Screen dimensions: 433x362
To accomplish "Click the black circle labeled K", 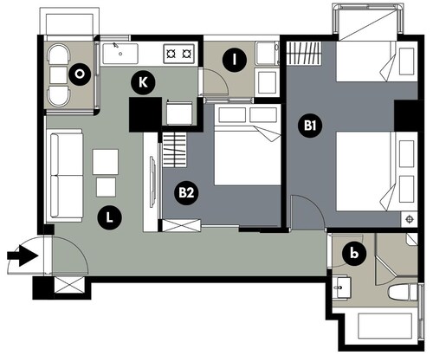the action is (x=143, y=82).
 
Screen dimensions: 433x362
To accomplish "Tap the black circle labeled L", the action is (x=109, y=217).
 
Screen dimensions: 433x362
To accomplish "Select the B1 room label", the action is (x=310, y=126).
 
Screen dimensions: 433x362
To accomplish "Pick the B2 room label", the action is (x=186, y=192).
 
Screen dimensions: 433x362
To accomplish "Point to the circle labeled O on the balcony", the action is (x=80, y=74).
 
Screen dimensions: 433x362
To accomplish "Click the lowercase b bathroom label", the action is (x=354, y=254).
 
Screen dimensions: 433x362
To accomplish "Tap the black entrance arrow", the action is (x=23, y=255).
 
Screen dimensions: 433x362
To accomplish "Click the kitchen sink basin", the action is (x=120, y=54).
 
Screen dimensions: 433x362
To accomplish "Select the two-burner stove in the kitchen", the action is (x=179, y=54).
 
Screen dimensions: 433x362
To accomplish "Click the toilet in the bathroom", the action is (x=403, y=292).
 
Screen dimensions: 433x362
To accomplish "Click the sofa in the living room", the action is (x=67, y=176).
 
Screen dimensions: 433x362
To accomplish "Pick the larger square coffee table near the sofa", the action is (x=106, y=162).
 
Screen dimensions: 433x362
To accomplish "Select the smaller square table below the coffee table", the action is (x=106, y=187).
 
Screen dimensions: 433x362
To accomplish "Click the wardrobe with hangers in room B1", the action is (x=305, y=53).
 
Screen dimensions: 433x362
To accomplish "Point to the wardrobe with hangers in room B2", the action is (x=175, y=150).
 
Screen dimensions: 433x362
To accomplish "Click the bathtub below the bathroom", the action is (x=385, y=326).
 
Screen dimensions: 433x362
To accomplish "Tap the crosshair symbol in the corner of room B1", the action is (x=410, y=219).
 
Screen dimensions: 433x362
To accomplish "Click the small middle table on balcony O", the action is (x=59, y=75).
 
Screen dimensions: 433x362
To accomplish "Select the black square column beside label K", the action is (x=145, y=114).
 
